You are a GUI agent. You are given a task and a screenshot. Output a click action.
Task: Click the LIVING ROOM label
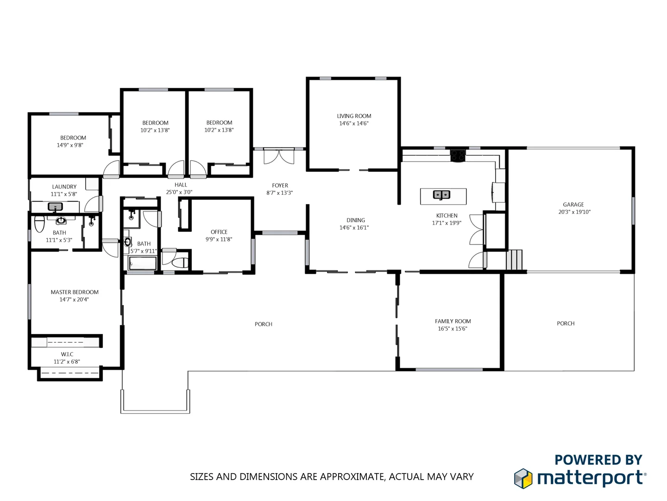[x=354, y=116]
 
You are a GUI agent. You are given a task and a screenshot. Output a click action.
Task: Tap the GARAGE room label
[x=573, y=205]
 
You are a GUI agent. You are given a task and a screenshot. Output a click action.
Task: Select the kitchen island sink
[x=441, y=195]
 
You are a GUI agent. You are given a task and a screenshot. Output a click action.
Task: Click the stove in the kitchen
[x=458, y=155]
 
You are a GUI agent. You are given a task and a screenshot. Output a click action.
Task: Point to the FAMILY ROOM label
[x=453, y=321]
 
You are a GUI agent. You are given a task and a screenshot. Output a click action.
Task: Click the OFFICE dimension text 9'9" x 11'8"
[x=219, y=239]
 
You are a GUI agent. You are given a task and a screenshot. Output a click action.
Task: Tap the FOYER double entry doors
[x=279, y=156]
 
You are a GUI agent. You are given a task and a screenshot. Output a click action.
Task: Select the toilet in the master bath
[x=39, y=224]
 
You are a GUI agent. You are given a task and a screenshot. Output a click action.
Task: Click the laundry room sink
[x=56, y=207]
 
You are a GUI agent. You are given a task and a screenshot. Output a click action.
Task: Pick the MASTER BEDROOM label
[x=75, y=292]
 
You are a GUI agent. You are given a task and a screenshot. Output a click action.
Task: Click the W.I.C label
[x=67, y=354]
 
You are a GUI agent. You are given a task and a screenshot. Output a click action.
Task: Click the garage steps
[x=514, y=260]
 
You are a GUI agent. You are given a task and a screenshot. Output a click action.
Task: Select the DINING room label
[x=356, y=220]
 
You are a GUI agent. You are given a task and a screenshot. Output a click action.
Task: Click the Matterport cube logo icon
[x=523, y=478]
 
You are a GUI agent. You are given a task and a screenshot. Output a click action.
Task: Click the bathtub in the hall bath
[x=143, y=265]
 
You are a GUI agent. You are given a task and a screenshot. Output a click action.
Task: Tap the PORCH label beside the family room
[x=566, y=323]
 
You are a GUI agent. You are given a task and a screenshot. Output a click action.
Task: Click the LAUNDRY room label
[x=64, y=187]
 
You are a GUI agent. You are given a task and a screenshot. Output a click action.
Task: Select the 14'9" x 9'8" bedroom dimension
[x=70, y=145]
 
